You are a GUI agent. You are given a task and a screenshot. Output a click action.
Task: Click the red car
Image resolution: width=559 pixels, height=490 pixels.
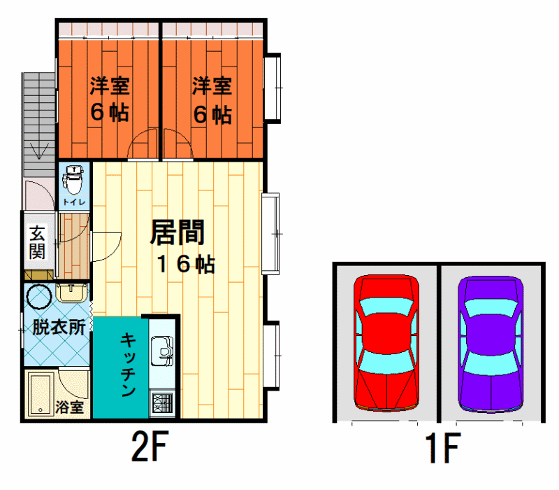386,343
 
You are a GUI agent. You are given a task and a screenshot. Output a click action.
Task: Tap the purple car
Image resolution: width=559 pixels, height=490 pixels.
491,344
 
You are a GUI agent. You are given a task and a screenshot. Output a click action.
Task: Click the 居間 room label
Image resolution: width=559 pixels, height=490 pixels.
177,232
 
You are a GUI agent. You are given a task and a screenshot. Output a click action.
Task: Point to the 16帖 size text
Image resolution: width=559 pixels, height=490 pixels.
186,264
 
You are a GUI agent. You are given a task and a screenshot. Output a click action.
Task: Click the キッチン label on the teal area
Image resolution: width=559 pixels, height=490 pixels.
128,364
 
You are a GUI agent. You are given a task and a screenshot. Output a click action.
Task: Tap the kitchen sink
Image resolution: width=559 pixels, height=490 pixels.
162,351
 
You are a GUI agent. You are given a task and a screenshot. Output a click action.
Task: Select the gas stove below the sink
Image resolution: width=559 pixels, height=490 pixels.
162,403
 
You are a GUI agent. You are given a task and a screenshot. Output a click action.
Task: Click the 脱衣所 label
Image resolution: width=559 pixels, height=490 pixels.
59,327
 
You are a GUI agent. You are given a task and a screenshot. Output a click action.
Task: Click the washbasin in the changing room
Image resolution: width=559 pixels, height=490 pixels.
71,293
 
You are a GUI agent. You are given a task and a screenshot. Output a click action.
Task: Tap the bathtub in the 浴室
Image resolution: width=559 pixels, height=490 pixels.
41,394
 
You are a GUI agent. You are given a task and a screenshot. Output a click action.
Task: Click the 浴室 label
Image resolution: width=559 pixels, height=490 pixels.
69,407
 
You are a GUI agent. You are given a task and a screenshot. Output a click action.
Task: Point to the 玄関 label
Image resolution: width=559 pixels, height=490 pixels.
38,242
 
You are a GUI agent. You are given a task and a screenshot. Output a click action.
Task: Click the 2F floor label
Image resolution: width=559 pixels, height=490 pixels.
150,446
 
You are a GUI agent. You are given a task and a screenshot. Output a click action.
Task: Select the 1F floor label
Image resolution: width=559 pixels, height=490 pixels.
443,447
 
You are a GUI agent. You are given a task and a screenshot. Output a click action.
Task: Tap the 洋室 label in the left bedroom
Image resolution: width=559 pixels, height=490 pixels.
110,85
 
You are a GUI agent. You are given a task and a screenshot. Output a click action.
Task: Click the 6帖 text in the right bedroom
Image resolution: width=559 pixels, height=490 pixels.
212,114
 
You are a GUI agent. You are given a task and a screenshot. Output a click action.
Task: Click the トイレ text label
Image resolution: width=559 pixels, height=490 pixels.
74,202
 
